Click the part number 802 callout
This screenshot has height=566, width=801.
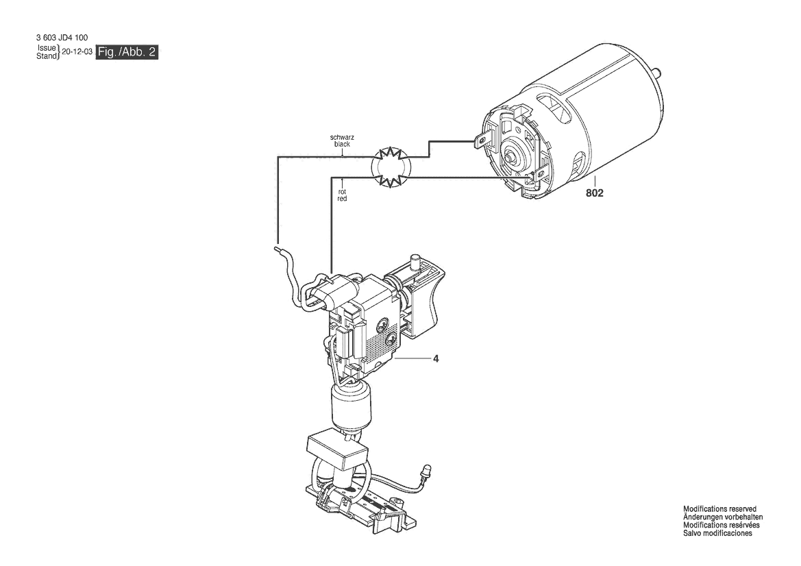(x=594, y=193)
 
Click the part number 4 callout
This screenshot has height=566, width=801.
(x=436, y=358)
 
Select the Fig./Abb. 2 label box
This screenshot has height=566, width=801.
(x=127, y=51)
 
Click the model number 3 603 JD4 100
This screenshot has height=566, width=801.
(x=62, y=37)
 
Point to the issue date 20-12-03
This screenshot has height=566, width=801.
(x=77, y=51)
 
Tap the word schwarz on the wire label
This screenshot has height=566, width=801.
(x=343, y=138)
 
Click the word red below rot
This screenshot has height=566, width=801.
(x=343, y=199)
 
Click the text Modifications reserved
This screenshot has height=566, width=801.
(x=719, y=509)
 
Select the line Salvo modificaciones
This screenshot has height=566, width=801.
(x=717, y=533)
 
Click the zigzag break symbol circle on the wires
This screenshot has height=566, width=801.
(x=391, y=167)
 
